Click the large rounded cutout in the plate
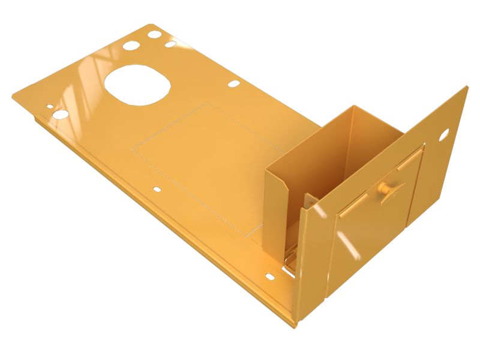(x=137, y=85)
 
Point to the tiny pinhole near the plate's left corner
(x=50, y=106)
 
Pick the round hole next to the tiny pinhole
(x=61, y=113)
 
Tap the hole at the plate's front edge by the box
(x=270, y=277)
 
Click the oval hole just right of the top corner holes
(x=171, y=44)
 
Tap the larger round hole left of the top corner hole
(x=130, y=46)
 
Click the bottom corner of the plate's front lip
(x=296, y=327)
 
